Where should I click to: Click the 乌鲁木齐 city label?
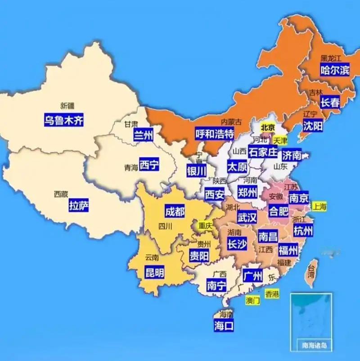[x=64, y=120]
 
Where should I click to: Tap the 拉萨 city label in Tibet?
[x=79, y=207]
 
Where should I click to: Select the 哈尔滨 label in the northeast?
[x=334, y=70]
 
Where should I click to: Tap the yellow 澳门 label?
[x=252, y=301]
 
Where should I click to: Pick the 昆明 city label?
[x=154, y=272]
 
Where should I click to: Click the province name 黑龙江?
[x=331, y=58]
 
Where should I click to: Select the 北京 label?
[x=268, y=127]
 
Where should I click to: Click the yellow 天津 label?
[x=280, y=140]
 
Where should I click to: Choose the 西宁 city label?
[x=149, y=165]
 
